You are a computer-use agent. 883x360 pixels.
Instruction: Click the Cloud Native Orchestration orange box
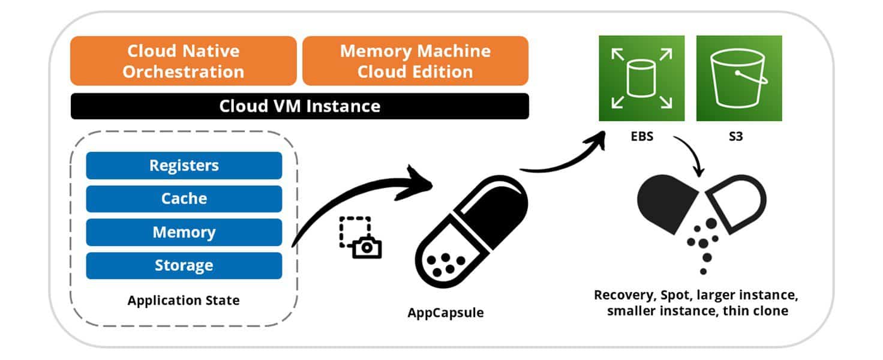[183, 61]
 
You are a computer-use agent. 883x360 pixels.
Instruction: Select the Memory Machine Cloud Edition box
[415, 61]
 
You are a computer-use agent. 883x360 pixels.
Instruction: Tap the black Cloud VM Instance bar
[299, 106]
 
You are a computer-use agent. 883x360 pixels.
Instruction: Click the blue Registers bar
[184, 166]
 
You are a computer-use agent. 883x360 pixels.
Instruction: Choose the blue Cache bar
[184, 199]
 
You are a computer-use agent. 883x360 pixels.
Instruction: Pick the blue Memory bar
[184, 232]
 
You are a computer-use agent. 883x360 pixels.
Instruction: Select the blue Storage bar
[184, 265]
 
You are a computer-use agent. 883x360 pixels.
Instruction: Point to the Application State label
[183, 300]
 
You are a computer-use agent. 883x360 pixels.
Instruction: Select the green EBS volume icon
[642, 78]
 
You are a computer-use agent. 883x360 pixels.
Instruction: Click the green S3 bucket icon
[738, 78]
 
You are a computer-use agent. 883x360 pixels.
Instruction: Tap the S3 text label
[738, 136]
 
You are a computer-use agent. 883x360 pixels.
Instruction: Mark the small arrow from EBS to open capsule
[690, 156]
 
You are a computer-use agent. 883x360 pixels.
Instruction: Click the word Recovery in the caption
[621, 295]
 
